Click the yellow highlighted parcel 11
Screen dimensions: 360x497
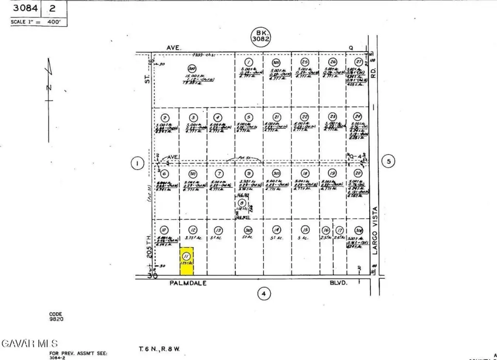187,261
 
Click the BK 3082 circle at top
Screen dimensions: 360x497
261,35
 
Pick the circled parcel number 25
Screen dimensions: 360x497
305,62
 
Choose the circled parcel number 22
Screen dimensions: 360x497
304,117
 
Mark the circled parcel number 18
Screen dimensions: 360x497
305,173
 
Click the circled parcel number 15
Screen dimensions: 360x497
305,230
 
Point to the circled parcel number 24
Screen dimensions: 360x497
358,117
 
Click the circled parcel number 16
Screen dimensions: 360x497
326,230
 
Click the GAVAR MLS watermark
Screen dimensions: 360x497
30,343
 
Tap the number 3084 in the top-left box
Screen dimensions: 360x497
24,8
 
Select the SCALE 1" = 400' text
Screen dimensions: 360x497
39,22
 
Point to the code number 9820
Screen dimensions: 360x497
56,319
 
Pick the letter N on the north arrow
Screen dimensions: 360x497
49,88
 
